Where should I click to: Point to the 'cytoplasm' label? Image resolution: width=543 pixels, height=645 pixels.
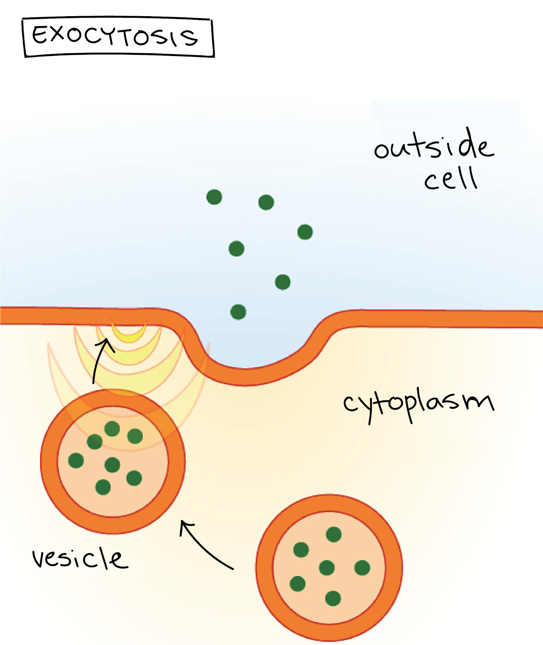coord(419,404)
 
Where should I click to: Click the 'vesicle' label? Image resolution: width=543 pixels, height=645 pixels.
coord(80,558)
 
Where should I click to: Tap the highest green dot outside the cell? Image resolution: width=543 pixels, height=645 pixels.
coord(214,197)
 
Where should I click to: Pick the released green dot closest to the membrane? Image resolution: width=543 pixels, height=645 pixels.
coord(238,312)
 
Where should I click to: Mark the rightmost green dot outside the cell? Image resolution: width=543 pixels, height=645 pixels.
coord(305,232)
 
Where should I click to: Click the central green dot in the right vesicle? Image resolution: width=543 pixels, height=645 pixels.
coord(327,568)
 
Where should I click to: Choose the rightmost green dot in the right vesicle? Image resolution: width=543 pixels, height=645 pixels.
coord(362,568)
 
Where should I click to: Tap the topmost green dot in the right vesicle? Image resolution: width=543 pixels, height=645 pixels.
coord(334,535)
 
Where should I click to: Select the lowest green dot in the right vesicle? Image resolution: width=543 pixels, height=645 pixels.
coord(333,598)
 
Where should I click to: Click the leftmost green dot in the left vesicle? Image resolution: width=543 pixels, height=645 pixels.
coord(76,460)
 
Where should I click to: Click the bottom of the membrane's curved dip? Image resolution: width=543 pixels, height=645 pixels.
coord(246,377)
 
